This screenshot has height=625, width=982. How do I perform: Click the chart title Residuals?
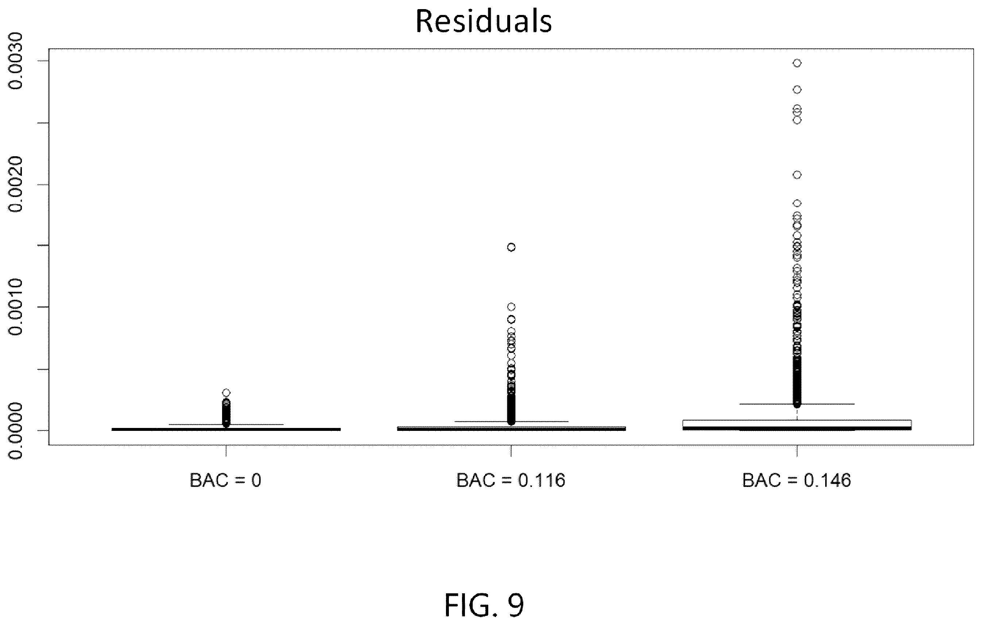[x=484, y=21]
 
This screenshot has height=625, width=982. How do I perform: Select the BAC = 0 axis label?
[x=225, y=481]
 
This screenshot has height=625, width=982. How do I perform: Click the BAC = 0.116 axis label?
[x=511, y=481]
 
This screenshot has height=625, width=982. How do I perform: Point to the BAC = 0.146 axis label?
[x=797, y=481]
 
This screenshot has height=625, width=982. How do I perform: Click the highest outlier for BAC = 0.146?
[x=797, y=63]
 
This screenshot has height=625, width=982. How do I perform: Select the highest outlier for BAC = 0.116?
[x=511, y=247]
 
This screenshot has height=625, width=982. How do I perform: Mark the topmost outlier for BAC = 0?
[x=226, y=393]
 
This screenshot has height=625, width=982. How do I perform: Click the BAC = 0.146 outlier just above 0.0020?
[x=797, y=175]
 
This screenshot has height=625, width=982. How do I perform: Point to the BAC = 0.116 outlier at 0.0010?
[x=511, y=306]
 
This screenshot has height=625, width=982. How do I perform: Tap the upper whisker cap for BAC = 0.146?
[x=797, y=404]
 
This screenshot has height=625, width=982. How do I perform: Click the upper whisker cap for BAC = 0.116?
[x=511, y=421]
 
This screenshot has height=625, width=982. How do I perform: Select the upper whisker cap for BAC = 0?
[x=226, y=425]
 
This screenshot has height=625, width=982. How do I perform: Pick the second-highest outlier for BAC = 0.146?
[x=797, y=90]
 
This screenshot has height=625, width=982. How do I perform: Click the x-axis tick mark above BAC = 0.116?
[x=511, y=451]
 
